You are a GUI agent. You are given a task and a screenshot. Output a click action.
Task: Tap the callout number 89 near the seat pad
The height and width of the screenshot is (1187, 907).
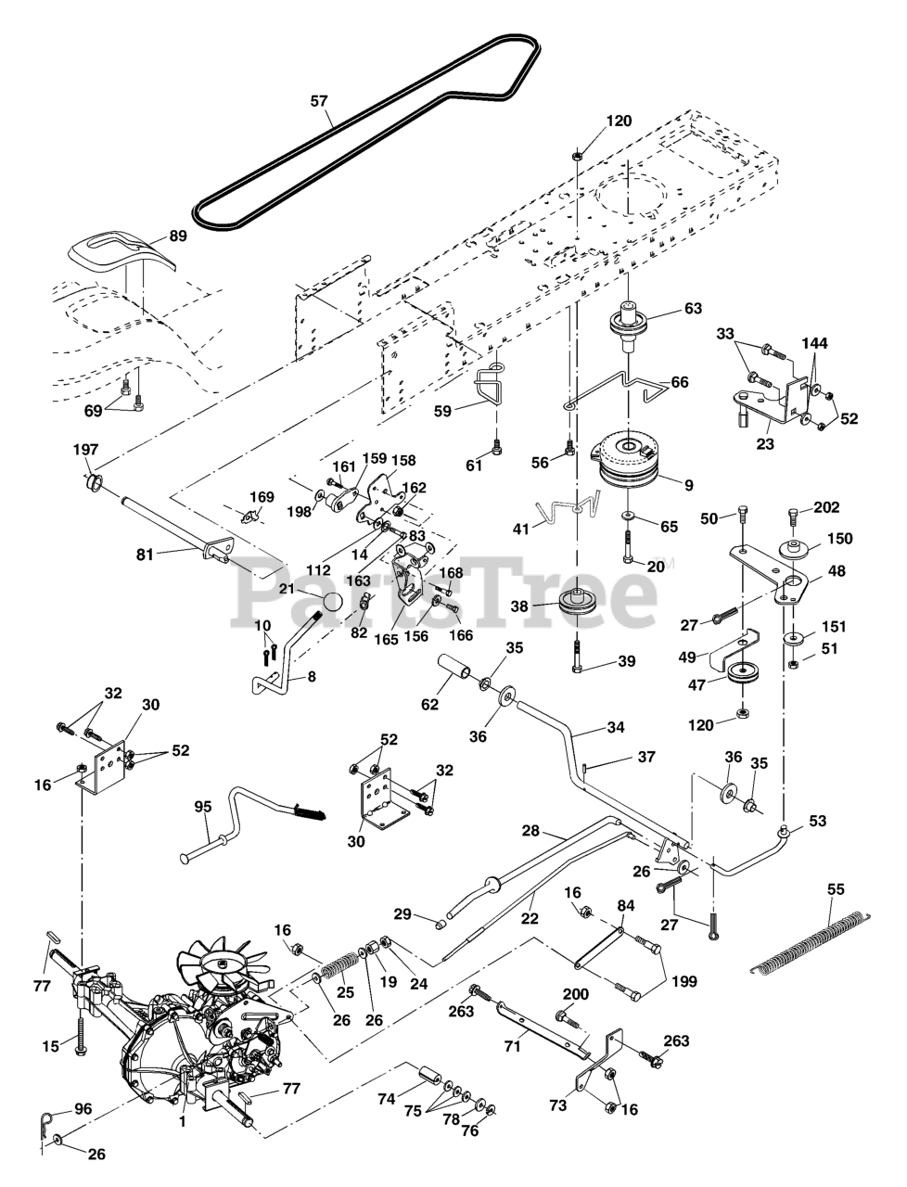177,236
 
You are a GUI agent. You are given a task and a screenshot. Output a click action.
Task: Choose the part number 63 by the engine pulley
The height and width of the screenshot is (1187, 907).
693,309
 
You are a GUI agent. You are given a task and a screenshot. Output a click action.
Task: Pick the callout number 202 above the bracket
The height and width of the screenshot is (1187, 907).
827,507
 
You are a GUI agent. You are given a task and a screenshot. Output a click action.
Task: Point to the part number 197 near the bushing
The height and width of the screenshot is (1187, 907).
85,450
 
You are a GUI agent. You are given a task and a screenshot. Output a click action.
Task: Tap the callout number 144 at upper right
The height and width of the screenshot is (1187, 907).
815,343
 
